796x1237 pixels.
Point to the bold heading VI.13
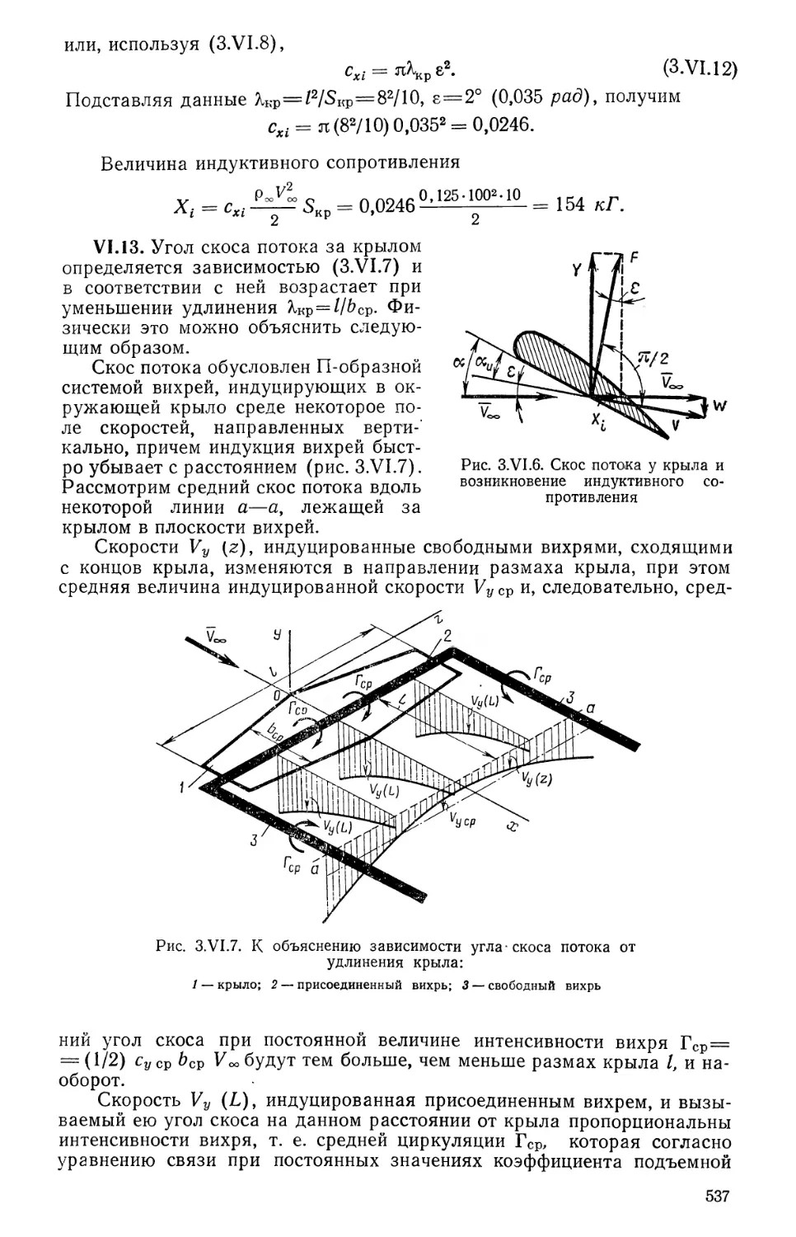tap(119, 247)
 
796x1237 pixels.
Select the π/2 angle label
tap(653, 356)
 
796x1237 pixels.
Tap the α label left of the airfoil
tap(459, 364)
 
